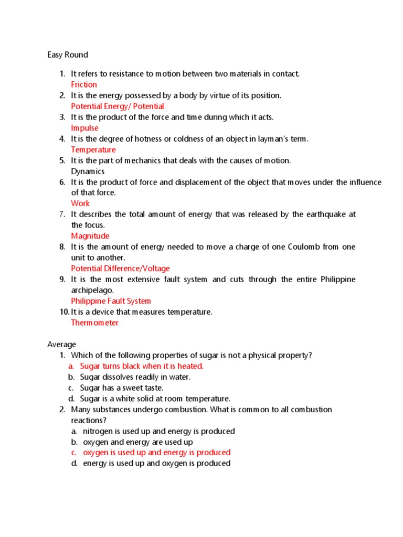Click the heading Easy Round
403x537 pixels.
(68, 55)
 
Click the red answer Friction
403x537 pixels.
(84, 84)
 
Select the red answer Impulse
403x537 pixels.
(84, 128)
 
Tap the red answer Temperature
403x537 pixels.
(93, 149)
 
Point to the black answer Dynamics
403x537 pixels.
(88, 171)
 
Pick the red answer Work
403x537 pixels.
(80, 203)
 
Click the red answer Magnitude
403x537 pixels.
(90, 236)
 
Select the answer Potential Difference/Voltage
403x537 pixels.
(120, 268)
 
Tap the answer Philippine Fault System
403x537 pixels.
(111, 301)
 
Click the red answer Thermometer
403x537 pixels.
(94, 323)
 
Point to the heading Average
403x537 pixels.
(61, 345)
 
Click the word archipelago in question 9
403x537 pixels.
(92, 290)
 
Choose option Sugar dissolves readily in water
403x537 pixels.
(135, 377)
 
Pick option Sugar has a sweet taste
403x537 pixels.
(122, 388)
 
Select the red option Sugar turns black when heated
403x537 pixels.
(141, 366)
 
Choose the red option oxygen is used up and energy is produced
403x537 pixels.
(156, 452)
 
